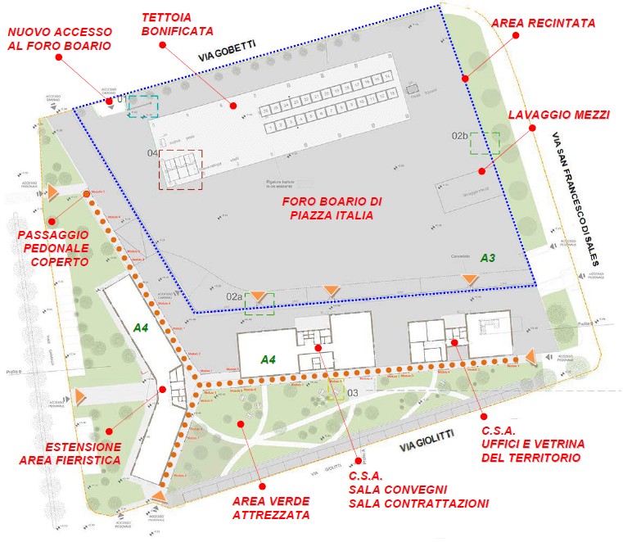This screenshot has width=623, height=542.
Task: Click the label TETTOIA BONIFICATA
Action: [177, 24]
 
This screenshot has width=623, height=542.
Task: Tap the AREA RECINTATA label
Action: [543, 23]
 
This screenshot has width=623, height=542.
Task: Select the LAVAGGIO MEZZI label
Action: [559, 115]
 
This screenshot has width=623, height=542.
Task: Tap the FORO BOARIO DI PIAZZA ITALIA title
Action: [332, 208]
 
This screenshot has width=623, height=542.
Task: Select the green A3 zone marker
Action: [487, 257]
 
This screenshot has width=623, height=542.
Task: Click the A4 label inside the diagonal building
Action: [142, 327]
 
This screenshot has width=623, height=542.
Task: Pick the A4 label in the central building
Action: [269, 359]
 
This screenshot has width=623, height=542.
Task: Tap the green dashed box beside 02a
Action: [260, 303]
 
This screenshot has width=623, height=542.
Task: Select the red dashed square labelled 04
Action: [180, 169]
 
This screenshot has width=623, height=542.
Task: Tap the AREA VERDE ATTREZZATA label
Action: [271, 508]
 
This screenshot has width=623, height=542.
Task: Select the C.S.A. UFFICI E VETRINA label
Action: [530, 443]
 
